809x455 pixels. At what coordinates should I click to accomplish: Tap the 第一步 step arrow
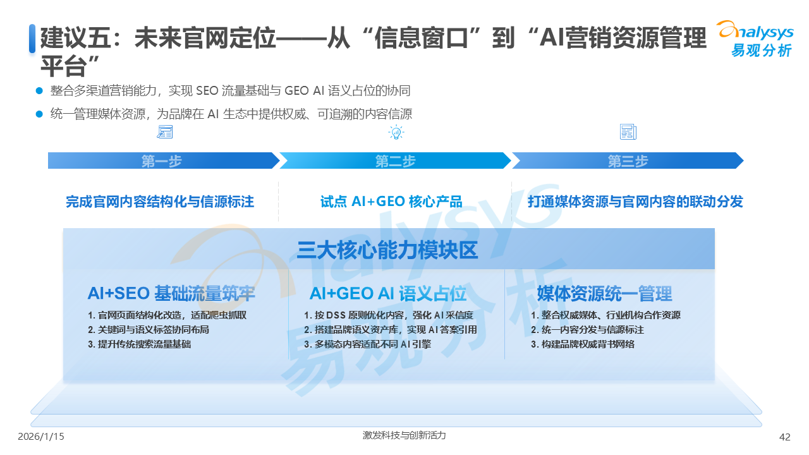point(162,161)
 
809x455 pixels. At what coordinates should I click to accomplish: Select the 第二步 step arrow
point(395,161)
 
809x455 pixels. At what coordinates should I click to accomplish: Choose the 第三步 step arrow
point(628,161)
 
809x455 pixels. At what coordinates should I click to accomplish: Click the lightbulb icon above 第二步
point(396,132)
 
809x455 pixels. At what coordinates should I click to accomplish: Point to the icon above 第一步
point(164,132)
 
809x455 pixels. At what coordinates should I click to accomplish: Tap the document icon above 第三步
point(628,132)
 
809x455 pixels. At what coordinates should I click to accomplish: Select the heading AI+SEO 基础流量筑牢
point(171,293)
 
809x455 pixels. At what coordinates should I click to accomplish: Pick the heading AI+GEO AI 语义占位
point(388,293)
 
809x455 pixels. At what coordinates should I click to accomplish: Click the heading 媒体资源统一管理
point(604,293)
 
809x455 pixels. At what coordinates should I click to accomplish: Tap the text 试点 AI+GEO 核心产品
point(391,202)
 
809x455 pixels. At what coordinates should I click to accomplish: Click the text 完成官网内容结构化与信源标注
point(160,202)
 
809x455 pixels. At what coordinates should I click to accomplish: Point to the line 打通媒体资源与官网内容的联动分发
point(635,202)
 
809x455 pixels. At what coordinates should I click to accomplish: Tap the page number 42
point(785,437)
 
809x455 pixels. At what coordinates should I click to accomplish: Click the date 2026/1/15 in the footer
point(41,437)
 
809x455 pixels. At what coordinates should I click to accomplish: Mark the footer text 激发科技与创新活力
point(404,435)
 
